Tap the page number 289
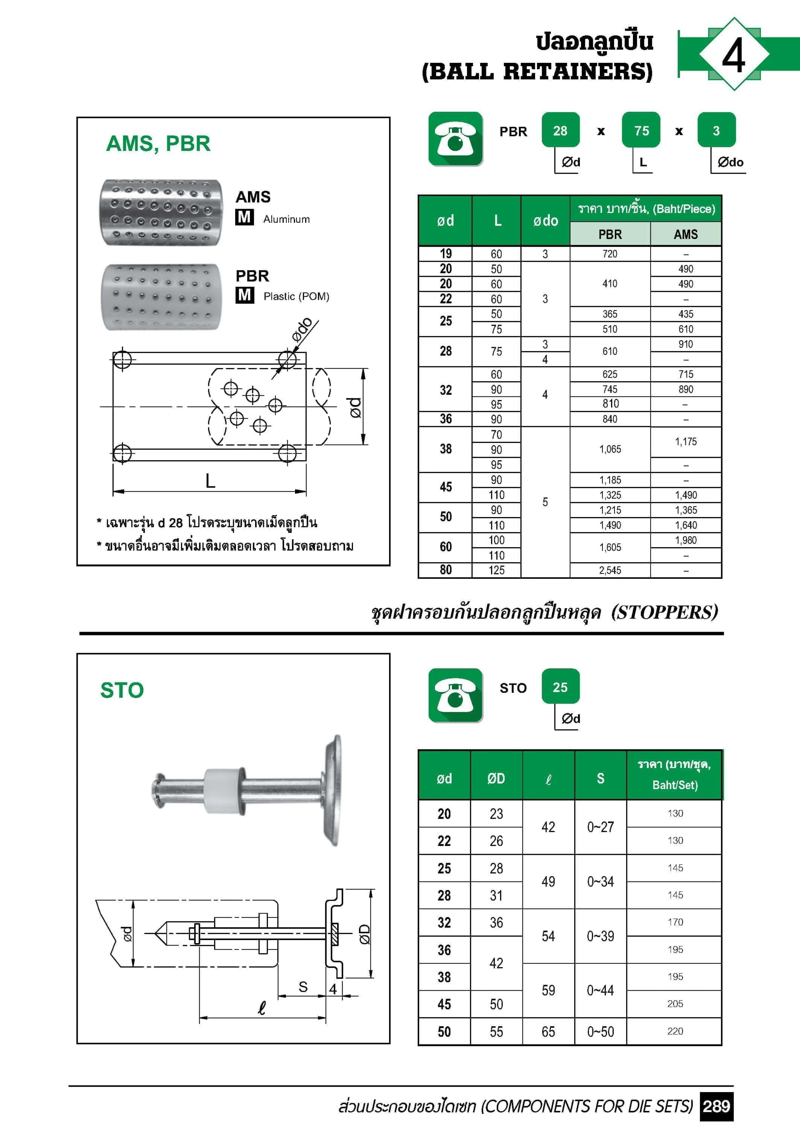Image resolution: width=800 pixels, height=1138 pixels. (x=716, y=1106)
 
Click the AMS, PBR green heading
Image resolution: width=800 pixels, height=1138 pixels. (x=158, y=144)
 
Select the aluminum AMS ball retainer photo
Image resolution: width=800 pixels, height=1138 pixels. (x=161, y=212)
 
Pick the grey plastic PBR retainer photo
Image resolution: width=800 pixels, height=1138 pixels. (x=161, y=297)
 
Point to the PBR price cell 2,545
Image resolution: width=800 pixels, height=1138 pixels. (x=610, y=571)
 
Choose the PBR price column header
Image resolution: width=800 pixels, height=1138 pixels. (x=610, y=234)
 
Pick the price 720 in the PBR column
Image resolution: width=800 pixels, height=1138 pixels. (x=610, y=254)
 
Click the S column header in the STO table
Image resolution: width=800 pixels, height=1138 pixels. (x=600, y=779)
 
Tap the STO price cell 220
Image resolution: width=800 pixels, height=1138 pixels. (x=675, y=1031)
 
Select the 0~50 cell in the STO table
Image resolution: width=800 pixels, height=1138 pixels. (x=600, y=1032)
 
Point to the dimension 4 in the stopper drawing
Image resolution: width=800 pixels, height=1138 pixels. (x=333, y=989)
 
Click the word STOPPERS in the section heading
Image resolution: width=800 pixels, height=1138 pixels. (x=664, y=613)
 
